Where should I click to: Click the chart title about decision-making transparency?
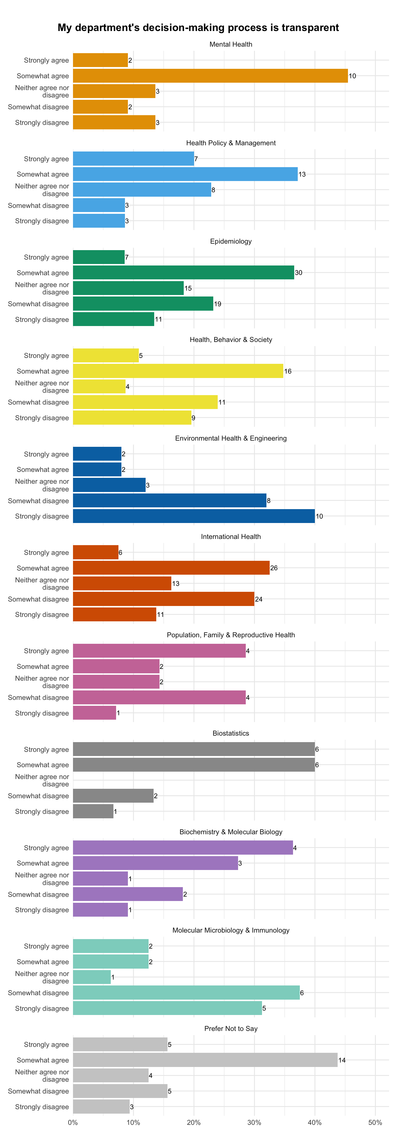pos(198,28)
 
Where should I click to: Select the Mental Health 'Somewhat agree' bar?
pos(210,76)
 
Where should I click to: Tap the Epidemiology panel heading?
pos(231,241)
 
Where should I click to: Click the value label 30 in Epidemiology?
pos(298,273)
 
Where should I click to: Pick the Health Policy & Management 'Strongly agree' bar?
pos(133,159)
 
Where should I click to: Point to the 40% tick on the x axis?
pos(315,1122)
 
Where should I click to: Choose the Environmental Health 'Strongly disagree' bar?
pos(194,516)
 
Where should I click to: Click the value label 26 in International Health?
pos(274,568)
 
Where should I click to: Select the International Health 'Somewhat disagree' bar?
pos(164,599)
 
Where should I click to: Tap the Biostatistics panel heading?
pos(231,733)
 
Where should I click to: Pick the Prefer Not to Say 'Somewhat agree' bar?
pos(205,1060)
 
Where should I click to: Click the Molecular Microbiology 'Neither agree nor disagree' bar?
pos(92,977)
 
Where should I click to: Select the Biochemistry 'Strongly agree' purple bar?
pos(183,848)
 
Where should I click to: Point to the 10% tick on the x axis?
pos(133,1122)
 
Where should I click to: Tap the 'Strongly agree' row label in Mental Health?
pos(46,60)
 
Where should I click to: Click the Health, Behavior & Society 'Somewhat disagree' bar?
pos(145,402)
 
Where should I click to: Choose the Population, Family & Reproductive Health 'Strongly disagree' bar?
pos(95,713)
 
